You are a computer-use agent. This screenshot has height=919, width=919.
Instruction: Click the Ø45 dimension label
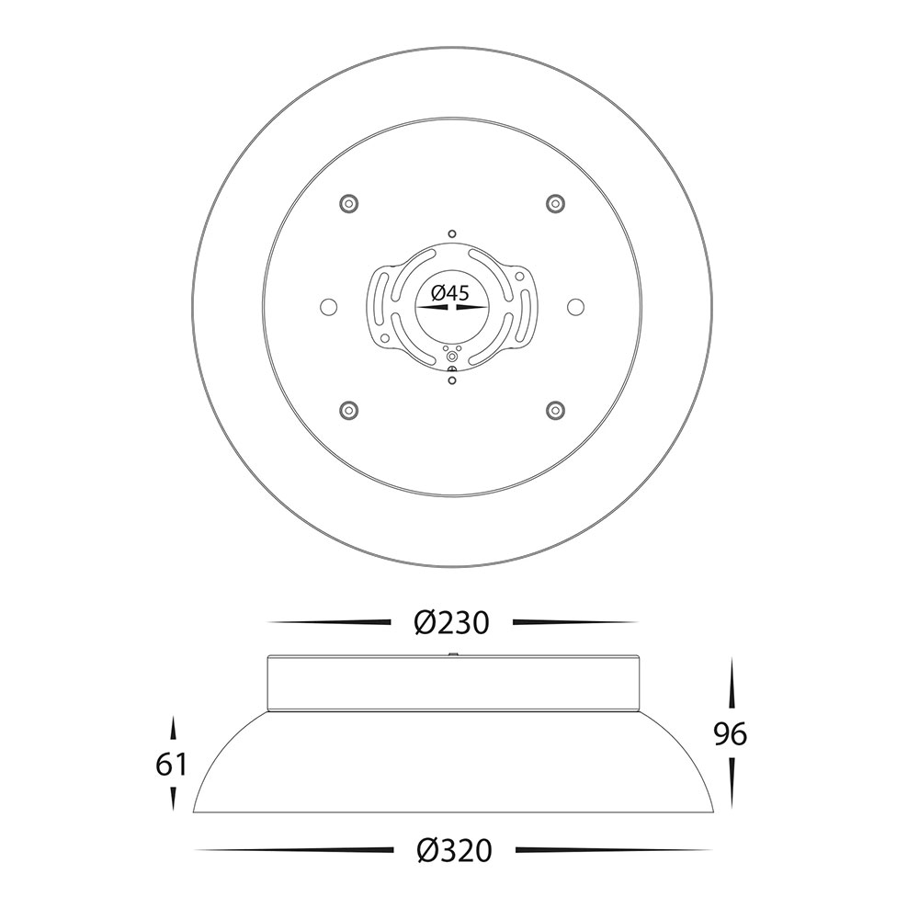pos(450,292)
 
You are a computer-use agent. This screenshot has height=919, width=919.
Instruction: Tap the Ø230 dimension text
pos(451,622)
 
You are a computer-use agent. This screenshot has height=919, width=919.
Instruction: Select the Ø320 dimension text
pos(454,850)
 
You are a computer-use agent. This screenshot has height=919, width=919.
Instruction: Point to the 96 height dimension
pos(731,733)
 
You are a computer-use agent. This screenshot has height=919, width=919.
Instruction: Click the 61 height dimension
pos(171,765)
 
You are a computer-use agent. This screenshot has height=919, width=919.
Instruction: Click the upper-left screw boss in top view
pos(348,204)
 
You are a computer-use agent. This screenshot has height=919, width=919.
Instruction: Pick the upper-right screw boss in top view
pos(554,203)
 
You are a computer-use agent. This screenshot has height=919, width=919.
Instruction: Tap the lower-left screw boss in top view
pos(348,409)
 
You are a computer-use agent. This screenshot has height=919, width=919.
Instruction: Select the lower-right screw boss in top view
pos(554,409)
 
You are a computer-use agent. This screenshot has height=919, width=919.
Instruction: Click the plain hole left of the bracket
pos(328,306)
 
